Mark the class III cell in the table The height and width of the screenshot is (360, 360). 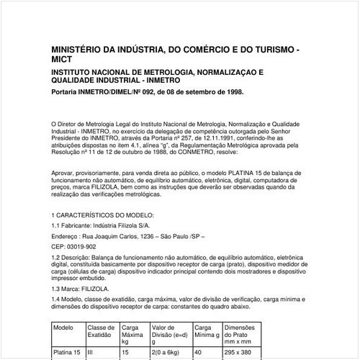pyautogui.click(x=91, y=354)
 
